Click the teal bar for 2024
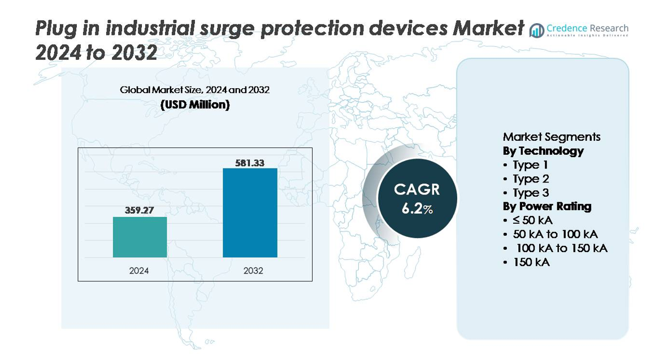[140, 237]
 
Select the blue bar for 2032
[250, 212]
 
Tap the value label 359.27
[140, 210]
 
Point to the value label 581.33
[250, 162]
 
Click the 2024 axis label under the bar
[140, 271]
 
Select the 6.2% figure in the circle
[417, 208]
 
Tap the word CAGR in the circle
[417, 190]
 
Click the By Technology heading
[543, 151]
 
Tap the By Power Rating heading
[546, 206]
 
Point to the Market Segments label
[551, 137]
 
